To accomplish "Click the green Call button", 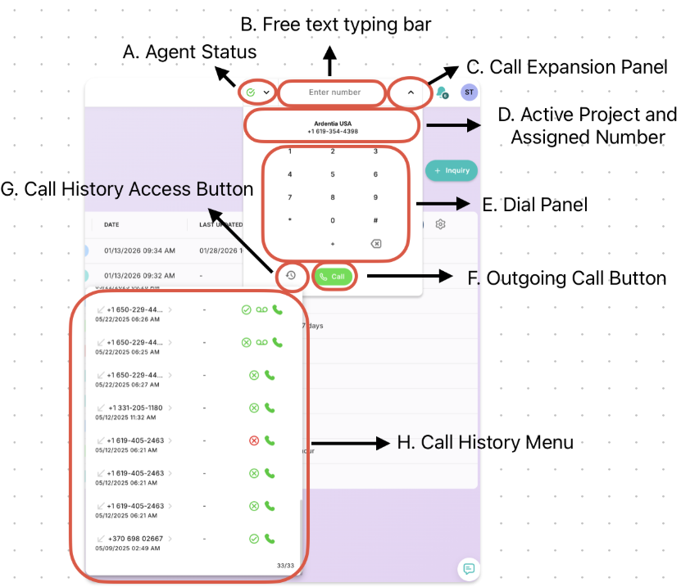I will click(x=333, y=277).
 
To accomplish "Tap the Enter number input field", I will click(x=334, y=93).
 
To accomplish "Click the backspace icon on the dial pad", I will click(x=375, y=244).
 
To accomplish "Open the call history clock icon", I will click(x=290, y=276).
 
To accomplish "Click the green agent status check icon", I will click(x=250, y=93).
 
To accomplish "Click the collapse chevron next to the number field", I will click(x=411, y=93).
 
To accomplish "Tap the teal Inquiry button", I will click(x=452, y=170).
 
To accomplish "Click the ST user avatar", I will click(x=469, y=93).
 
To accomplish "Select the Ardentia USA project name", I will click(x=332, y=124).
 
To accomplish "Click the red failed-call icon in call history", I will click(x=254, y=440).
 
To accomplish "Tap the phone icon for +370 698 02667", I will click(x=270, y=539).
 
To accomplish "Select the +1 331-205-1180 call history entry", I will click(x=134, y=408).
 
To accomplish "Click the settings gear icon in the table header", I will click(x=441, y=224).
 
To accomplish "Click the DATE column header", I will click(x=111, y=224).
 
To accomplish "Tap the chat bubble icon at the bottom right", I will click(x=468, y=569).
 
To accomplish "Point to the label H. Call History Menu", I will click(x=484, y=442).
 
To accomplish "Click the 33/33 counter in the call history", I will click(x=284, y=566).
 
